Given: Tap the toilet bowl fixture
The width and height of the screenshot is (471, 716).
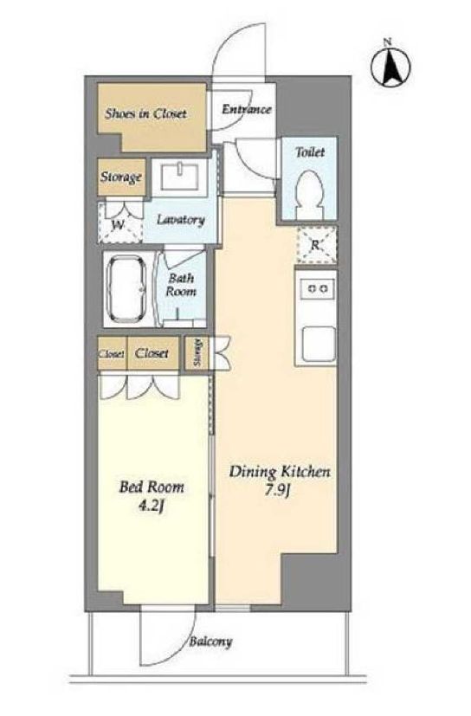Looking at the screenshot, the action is pos(310,194).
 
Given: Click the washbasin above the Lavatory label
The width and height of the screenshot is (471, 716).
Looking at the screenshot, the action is pos(179,177).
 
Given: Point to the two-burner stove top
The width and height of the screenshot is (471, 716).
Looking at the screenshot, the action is pos(318,288).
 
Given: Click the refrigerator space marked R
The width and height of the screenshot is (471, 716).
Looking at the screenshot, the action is pos(316,245).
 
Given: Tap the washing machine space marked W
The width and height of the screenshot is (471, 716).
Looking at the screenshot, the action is pos(119,223).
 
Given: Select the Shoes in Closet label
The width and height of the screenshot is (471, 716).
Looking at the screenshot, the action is pos(145,113).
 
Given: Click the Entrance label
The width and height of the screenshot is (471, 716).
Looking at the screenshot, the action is pos(246,110).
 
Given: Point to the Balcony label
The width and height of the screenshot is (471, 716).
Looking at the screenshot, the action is pos(210,642).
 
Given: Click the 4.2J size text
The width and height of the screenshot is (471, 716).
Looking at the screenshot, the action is pos(152,506).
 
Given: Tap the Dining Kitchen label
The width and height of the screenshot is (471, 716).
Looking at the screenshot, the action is pos(280,472).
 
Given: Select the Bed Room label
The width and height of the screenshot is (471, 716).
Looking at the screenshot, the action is pos(152,487).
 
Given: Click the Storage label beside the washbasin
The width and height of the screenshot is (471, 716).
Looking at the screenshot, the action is pos(121,177).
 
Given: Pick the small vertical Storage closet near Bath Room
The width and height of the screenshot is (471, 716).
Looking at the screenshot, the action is pos(197,353).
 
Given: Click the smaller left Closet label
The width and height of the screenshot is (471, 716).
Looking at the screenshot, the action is pos(112,354).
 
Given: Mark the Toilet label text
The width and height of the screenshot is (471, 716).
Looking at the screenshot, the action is pos(310,152).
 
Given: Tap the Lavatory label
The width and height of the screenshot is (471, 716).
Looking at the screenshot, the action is pos(180,220).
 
